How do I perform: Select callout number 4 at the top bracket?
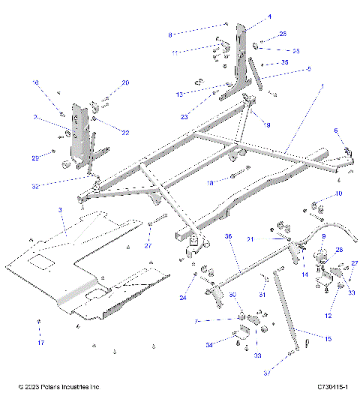tap(249, 16)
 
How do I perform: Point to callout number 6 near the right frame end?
tap(336, 130)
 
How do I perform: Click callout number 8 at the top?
tap(169, 34)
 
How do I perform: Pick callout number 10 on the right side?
tap(339, 193)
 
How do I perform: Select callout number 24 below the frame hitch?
tap(182, 297)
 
